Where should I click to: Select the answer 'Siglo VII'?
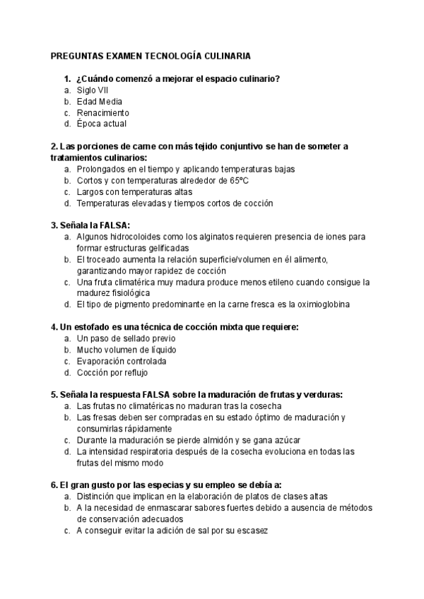pos(93,90)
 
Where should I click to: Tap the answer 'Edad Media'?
pos(99,102)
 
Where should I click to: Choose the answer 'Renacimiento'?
pos(102,113)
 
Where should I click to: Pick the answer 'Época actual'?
pos(102,124)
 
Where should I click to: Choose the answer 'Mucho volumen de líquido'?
pos(126,350)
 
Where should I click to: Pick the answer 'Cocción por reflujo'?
pos(113,372)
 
